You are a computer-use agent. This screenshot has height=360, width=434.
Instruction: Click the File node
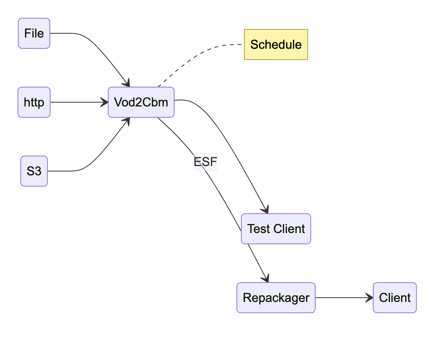(34, 33)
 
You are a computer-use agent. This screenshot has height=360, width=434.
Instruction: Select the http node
(34, 102)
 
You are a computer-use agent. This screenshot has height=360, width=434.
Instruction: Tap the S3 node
(34, 171)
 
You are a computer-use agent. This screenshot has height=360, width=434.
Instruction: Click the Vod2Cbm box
(141, 102)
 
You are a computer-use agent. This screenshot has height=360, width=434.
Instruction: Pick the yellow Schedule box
(276, 45)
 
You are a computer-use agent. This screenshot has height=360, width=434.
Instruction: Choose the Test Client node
(276, 229)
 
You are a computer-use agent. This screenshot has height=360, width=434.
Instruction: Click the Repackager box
(276, 298)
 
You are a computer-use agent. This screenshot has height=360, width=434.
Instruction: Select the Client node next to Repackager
(395, 298)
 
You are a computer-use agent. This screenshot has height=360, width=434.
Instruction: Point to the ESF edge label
(205, 162)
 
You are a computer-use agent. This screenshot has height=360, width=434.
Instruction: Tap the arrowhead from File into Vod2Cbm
(126, 83)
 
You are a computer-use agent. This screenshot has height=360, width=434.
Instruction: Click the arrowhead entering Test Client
(265, 209)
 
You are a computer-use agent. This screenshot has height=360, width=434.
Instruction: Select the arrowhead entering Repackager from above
(265, 278)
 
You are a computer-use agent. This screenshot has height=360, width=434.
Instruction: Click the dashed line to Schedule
(201, 52)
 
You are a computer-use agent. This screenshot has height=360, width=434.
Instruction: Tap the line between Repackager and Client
(340, 298)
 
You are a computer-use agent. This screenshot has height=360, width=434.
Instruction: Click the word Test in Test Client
(258, 229)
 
